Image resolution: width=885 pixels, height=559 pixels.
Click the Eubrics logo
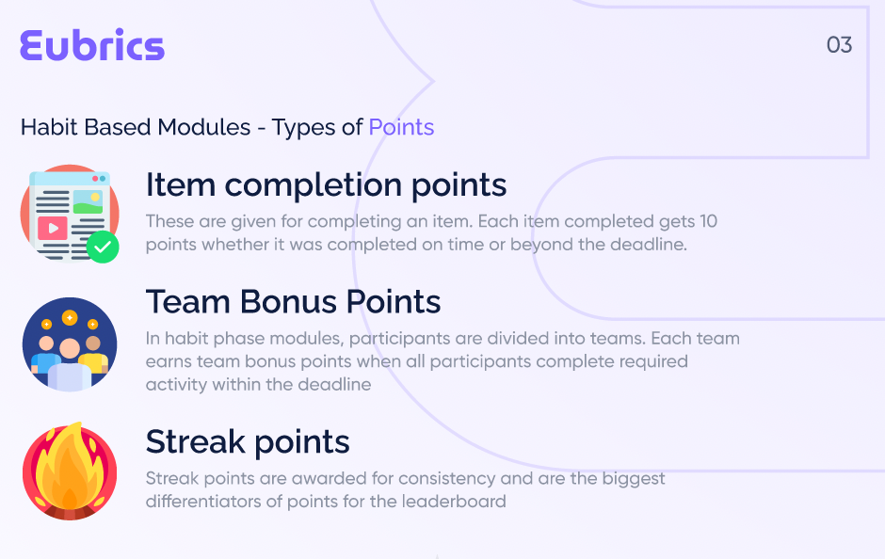(92, 46)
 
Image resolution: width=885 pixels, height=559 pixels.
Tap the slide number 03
(839, 45)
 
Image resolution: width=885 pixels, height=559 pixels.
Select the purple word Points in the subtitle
(401, 127)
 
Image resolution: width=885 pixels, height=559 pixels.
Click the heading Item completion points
(326, 185)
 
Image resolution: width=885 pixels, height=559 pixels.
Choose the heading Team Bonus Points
(293, 302)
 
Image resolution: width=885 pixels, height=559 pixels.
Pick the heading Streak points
(248, 441)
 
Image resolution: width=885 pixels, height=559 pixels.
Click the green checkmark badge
(103, 248)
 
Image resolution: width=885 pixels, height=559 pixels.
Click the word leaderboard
(454, 501)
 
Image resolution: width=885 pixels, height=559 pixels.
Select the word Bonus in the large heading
(290, 302)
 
